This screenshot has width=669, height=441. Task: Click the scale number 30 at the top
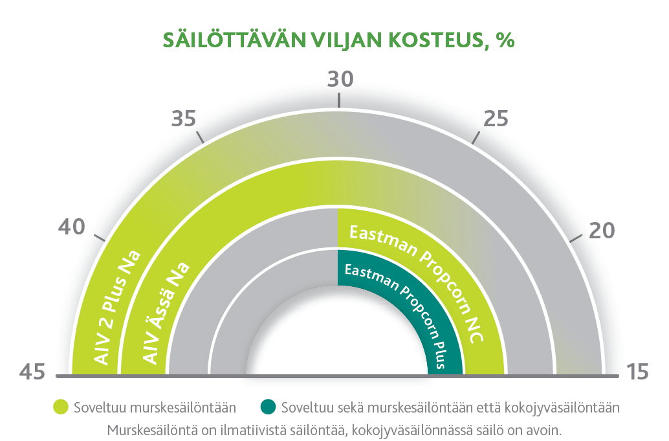(340, 80)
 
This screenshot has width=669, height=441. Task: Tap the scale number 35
(184, 119)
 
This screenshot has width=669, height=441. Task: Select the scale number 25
(496, 119)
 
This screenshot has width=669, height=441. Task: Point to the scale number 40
(72, 227)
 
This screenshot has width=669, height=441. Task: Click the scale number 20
(602, 231)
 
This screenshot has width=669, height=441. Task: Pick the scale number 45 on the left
(32, 372)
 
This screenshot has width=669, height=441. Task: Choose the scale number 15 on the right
(637, 372)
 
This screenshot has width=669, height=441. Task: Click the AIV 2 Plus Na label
(116, 308)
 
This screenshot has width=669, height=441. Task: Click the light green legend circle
(61, 407)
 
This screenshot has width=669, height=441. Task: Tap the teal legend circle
(269, 407)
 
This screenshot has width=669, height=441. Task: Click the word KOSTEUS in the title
(438, 41)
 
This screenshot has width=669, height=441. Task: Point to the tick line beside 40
(99, 238)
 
